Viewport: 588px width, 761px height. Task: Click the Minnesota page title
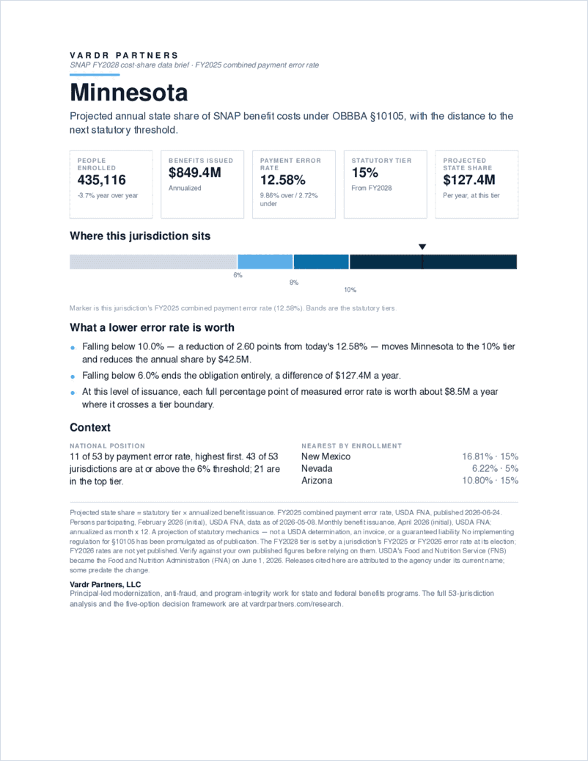tap(128, 92)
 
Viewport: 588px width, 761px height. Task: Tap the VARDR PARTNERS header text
tap(124, 55)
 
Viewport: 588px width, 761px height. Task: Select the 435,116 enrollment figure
tap(101, 180)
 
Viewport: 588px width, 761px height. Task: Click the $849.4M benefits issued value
tap(194, 172)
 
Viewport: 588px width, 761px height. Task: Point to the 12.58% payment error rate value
tap(282, 180)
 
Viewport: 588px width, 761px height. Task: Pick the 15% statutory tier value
tap(364, 172)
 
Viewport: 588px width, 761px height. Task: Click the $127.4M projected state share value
tap(468, 180)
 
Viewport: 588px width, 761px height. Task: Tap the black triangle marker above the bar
tap(422, 247)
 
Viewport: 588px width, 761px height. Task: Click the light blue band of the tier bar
tap(265, 261)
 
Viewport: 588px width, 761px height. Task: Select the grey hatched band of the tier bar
tap(153, 261)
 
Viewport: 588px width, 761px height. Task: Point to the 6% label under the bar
tap(238, 275)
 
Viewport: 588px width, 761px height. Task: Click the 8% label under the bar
tap(294, 283)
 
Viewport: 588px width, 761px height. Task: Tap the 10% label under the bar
tap(350, 290)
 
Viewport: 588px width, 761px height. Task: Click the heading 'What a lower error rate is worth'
tap(152, 327)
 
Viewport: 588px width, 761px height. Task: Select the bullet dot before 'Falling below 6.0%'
tap(73, 376)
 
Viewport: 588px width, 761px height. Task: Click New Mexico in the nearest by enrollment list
tap(326, 456)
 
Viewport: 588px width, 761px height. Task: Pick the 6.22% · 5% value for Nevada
tap(495, 468)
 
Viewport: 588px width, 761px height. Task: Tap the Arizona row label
tap(317, 481)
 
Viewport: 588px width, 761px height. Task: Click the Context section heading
tap(90, 428)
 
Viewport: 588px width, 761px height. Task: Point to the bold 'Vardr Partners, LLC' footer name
tap(105, 584)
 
